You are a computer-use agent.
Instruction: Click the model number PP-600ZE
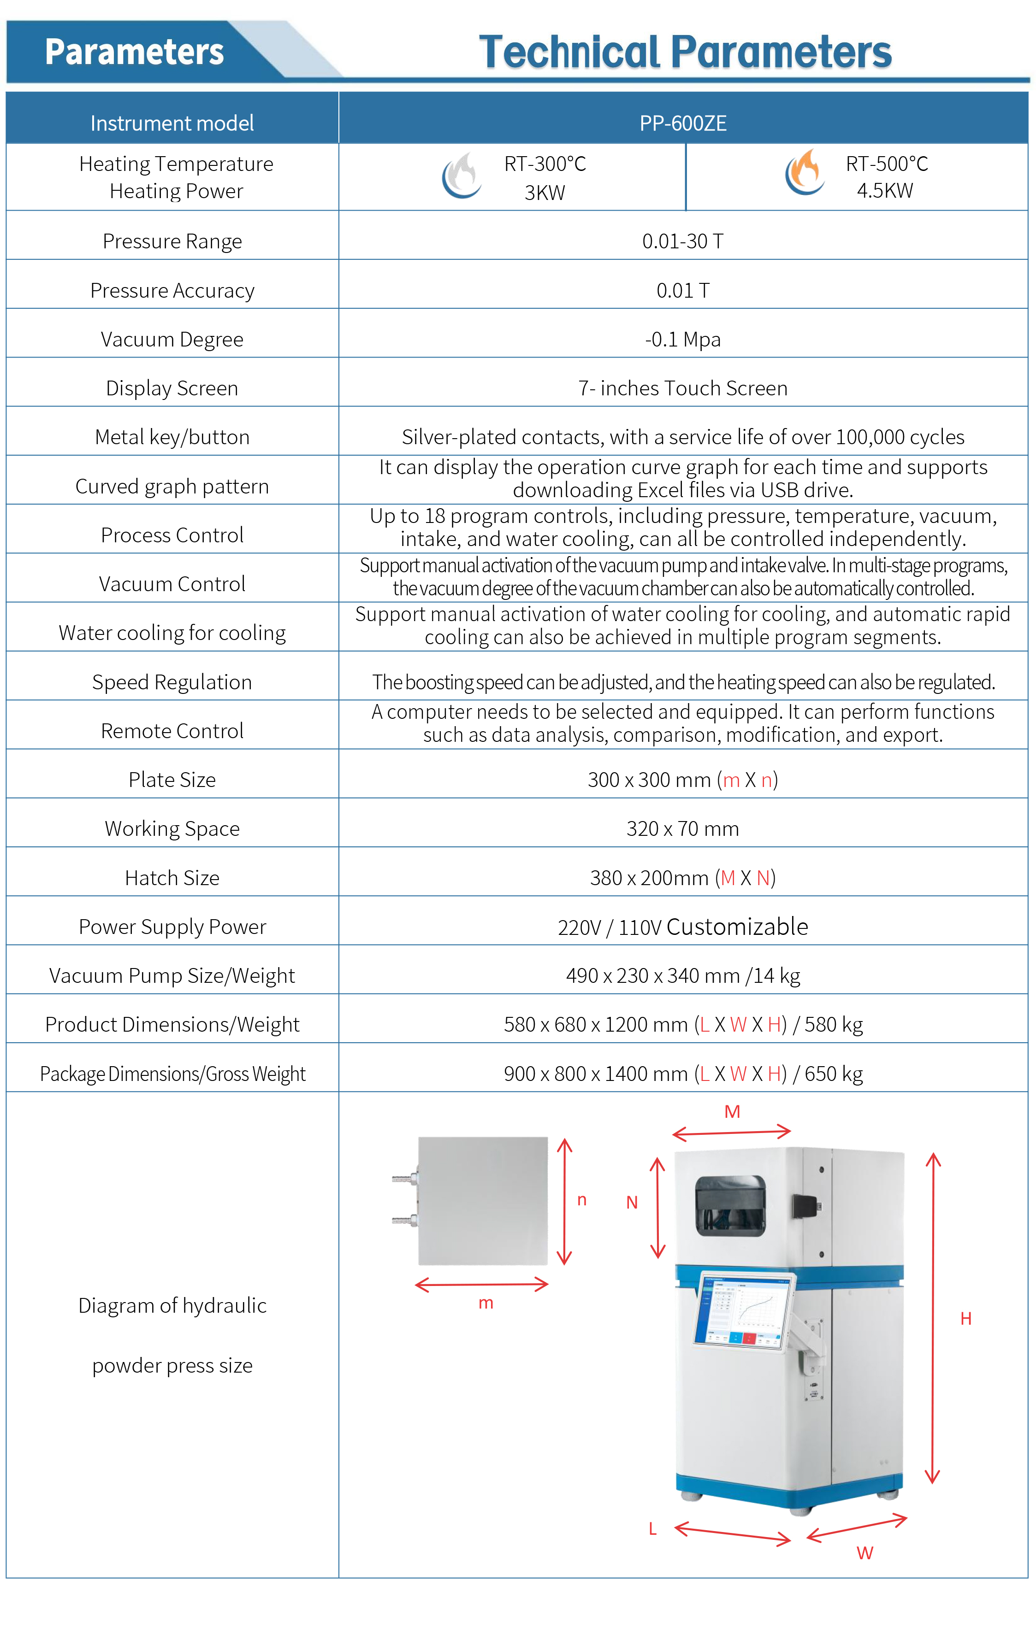tap(683, 123)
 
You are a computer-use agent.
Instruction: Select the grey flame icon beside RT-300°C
tap(462, 175)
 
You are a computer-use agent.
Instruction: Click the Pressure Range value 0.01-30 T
tap(683, 241)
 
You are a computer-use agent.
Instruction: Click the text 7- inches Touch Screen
tap(683, 388)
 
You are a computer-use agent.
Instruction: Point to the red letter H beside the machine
tap(965, 1318)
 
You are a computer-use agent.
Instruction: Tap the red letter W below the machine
tap(864, 1553)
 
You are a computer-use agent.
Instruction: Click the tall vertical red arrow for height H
tap(933, 1318)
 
